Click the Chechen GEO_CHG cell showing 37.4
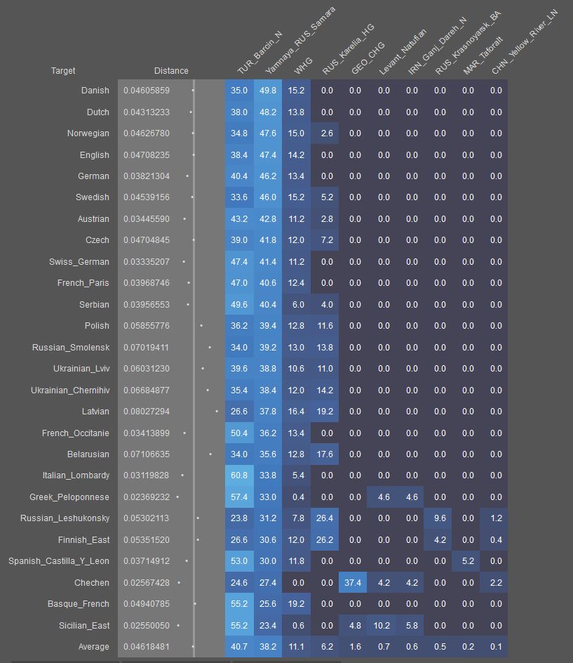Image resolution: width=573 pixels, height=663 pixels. click(x=355, y=583)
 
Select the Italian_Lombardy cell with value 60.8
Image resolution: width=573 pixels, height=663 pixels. click(x=239, y=475)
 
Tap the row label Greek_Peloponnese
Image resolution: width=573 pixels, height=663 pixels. click(x=69, y=497)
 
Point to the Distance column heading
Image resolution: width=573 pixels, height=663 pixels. click(x=171, y=71)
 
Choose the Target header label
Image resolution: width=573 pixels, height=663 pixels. click(x=63, y=71)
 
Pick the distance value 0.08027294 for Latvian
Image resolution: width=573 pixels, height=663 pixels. click(x=147, y=412)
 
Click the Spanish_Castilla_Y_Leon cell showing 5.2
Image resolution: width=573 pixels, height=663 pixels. click(x=468, y=561)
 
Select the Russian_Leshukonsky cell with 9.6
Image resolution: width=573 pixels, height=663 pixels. click(x=440, y=518)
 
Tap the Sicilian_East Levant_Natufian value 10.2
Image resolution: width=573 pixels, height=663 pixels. click(x=384, y=626)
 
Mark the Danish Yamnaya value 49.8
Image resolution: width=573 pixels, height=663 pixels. click(x=268, y=91)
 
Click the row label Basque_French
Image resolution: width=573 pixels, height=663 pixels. click(x=79, y=604)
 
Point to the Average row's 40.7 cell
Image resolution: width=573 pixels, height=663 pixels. click(x=239, y=647)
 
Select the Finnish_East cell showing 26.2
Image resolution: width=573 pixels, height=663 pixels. click(x=327, y=540)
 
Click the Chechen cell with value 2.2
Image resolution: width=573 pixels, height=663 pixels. click(x=496, y=583)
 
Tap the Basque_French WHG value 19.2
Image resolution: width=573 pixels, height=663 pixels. click(x=296, y=604)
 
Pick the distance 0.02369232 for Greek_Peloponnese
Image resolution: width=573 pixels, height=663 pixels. click(x=147, y=497)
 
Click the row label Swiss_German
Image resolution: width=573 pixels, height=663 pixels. click(x=79, y=262)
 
